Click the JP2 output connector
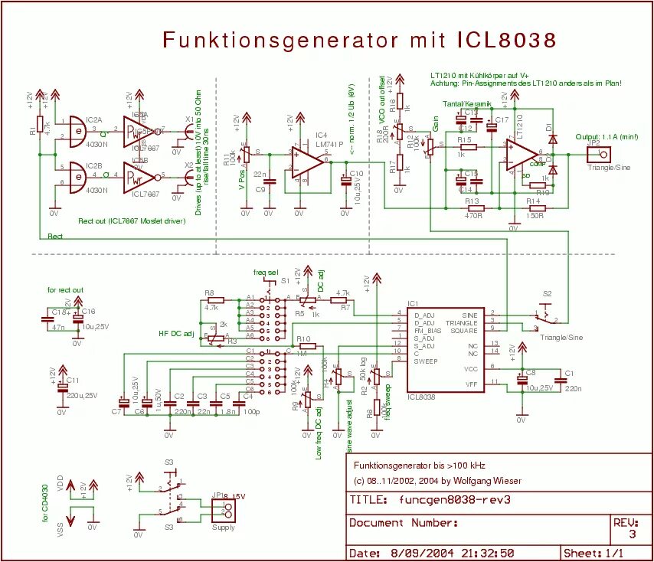pos(594,154)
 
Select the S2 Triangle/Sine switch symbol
pos(545,314)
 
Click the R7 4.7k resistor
pos(342,301)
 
